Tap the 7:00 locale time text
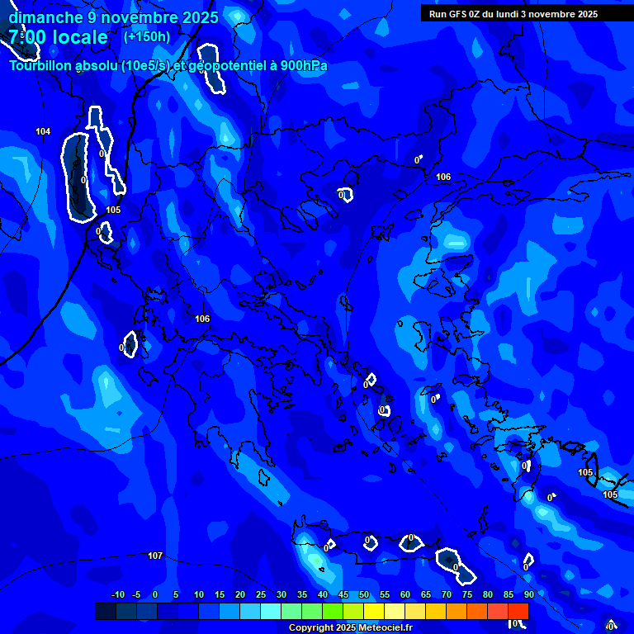click(x=58, y=37)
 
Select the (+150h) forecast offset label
click(x=146, y=36)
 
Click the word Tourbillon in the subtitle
click(x=40, y=66)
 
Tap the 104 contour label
click(x=43, y=131)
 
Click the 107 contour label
click(x=155, y=556)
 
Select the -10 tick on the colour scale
click(x=117, y=594)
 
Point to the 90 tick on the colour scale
click(x=528, y=594)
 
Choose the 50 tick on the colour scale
click(x=364, y=594)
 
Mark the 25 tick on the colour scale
click(x=261, y=594)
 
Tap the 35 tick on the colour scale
click(x=302, y=594)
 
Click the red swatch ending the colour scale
click(x=518, y=611)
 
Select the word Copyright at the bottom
click(x=311, y=628)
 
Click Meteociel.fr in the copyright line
click(x=384, y=628)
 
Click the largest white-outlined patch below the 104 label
click(x=78, y=177)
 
